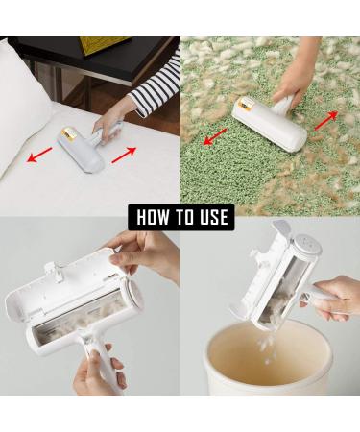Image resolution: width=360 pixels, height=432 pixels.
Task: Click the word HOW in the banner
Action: [153, 217]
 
